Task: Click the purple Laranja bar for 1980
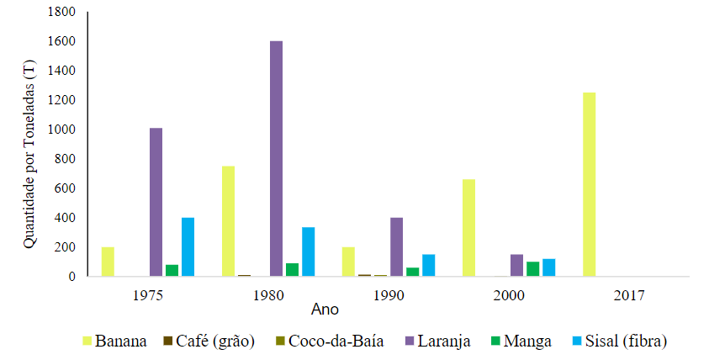click(x=276, y=158)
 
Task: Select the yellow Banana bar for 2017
click(x=589, y=184)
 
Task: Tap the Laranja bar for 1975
click(x=156, y=202)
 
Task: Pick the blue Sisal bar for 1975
click(x=188, y=246)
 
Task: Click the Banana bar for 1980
click(x=228, y=220)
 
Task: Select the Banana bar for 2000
click(x=468, y=227)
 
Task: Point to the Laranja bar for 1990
click(x=396, y=246)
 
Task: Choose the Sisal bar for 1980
click(x=308, y=251)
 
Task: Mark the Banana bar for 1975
click(x=108, y=262)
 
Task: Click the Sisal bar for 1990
click(x=428, y=265)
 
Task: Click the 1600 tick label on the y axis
click(x=62, y=41)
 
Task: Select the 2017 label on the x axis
click(x=629, y=296)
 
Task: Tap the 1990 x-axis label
click(x=388, y=296)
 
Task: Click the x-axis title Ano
click(x=325, y=310)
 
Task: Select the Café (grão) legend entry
click(x=210, y=341)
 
